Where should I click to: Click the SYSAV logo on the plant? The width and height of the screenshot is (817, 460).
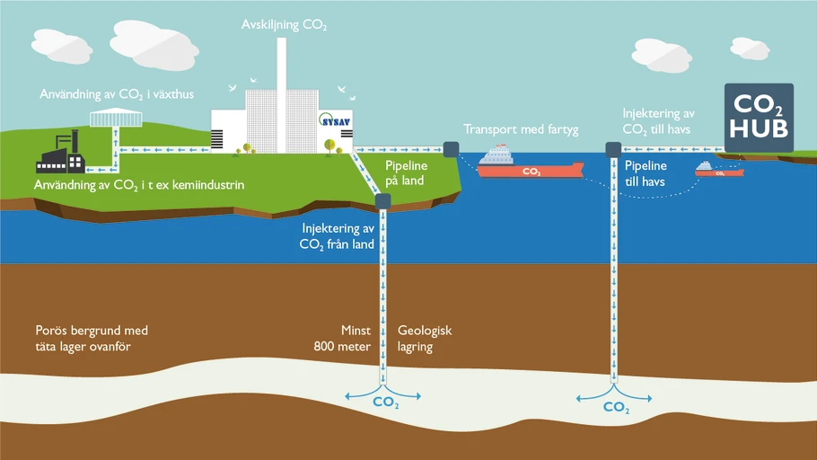point(334,120)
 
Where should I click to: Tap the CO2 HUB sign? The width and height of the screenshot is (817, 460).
point(760,118)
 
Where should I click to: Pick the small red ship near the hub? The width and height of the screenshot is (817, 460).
point(719,170)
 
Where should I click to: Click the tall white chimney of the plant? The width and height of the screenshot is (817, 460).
point(281,95)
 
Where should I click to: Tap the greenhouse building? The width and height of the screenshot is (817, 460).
point(116,118)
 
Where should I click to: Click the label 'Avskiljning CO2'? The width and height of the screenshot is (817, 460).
point(284,25)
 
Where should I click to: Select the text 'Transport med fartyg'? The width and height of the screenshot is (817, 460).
point(521,129)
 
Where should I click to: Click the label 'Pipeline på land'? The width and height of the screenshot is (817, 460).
point(406,173)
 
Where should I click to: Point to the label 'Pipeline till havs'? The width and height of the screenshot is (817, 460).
point(646,173)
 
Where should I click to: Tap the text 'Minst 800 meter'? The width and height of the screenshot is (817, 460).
point(342,339)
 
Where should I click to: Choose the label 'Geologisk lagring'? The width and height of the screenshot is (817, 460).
point(425,339)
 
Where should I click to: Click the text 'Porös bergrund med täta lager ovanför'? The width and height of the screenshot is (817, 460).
point(92,339)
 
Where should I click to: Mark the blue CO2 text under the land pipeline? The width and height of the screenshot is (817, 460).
point(385,402)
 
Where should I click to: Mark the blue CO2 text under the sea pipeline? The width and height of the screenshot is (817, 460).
point(616,407)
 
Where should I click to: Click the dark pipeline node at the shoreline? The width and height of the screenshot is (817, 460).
point(452,150)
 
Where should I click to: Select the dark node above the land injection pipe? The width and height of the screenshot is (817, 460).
point(383,201)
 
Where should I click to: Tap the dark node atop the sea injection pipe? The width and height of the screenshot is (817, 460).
point(614,150)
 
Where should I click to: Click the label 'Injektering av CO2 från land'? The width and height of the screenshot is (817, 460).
point(337,236)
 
